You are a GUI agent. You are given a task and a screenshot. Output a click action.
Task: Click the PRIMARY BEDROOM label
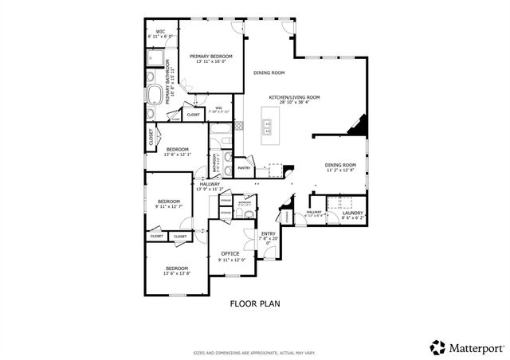(x=211, y=56)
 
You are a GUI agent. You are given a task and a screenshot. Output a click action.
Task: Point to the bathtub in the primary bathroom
(x=154, y=96)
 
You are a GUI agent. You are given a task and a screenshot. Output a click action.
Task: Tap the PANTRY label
(x=245, y=168)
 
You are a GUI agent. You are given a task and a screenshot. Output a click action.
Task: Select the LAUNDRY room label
(x=352, y=213)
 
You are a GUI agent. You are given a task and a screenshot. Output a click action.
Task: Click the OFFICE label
(x=230, y=253)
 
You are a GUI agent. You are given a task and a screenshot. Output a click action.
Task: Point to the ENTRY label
(x=269, y=233)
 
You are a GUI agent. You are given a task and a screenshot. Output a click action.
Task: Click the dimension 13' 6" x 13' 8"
(x=176, y=273)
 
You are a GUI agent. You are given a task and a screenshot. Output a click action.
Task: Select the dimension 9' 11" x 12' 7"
(x=169, y=206)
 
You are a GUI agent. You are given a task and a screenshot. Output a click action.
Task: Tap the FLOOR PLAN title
(x=254, y=303)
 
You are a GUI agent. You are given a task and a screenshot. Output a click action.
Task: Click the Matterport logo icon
(x=437, y=347)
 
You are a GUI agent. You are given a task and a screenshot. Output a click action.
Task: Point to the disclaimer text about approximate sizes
(x=254, y=352)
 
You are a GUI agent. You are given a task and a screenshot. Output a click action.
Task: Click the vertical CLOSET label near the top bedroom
(x=151, y=137)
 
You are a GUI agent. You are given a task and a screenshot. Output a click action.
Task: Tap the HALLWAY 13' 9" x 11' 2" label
(x=210, y=186)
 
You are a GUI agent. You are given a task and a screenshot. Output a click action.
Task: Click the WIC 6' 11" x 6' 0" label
(x=160, y=33)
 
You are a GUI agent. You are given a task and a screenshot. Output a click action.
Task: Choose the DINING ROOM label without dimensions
(x=269, y=72)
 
